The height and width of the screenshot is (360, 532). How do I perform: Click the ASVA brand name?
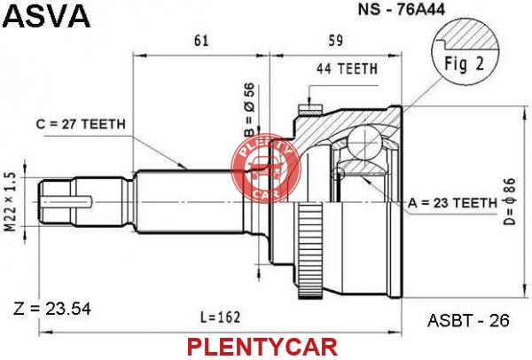(x=48, y=16)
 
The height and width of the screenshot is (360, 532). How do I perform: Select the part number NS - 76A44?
(x=402, y=10)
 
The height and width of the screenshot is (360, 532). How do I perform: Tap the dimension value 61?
(x=201, y=41)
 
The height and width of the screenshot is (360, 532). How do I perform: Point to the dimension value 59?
(x=335, y=41)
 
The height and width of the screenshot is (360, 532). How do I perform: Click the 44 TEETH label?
(x=347, y=69)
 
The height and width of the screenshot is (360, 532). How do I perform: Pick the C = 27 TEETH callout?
(x=81, y=124)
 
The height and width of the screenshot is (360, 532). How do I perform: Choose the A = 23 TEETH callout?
(x=452, y=203)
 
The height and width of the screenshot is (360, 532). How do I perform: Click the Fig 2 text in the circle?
(x=464, y=64)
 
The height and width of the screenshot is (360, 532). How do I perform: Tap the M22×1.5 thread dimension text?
(x=11, y=202)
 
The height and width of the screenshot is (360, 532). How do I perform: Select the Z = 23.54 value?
(x=52, y=309)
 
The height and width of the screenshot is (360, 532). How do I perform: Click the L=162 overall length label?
(x=220, y=317)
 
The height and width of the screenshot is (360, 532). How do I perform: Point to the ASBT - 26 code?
(x=468, y=320)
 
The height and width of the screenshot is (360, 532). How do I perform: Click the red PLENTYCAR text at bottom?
(x=262, y=347)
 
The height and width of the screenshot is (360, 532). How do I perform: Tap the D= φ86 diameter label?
(x=509, y=201)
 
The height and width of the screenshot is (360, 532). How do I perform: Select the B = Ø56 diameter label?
(x=249, y=111)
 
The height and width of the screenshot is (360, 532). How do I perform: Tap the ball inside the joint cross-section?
(x=364, y=142)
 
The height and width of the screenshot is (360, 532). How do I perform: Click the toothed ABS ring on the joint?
(x=310, y=250)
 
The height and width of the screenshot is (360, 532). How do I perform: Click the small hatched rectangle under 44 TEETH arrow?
(x=309, y=110)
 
